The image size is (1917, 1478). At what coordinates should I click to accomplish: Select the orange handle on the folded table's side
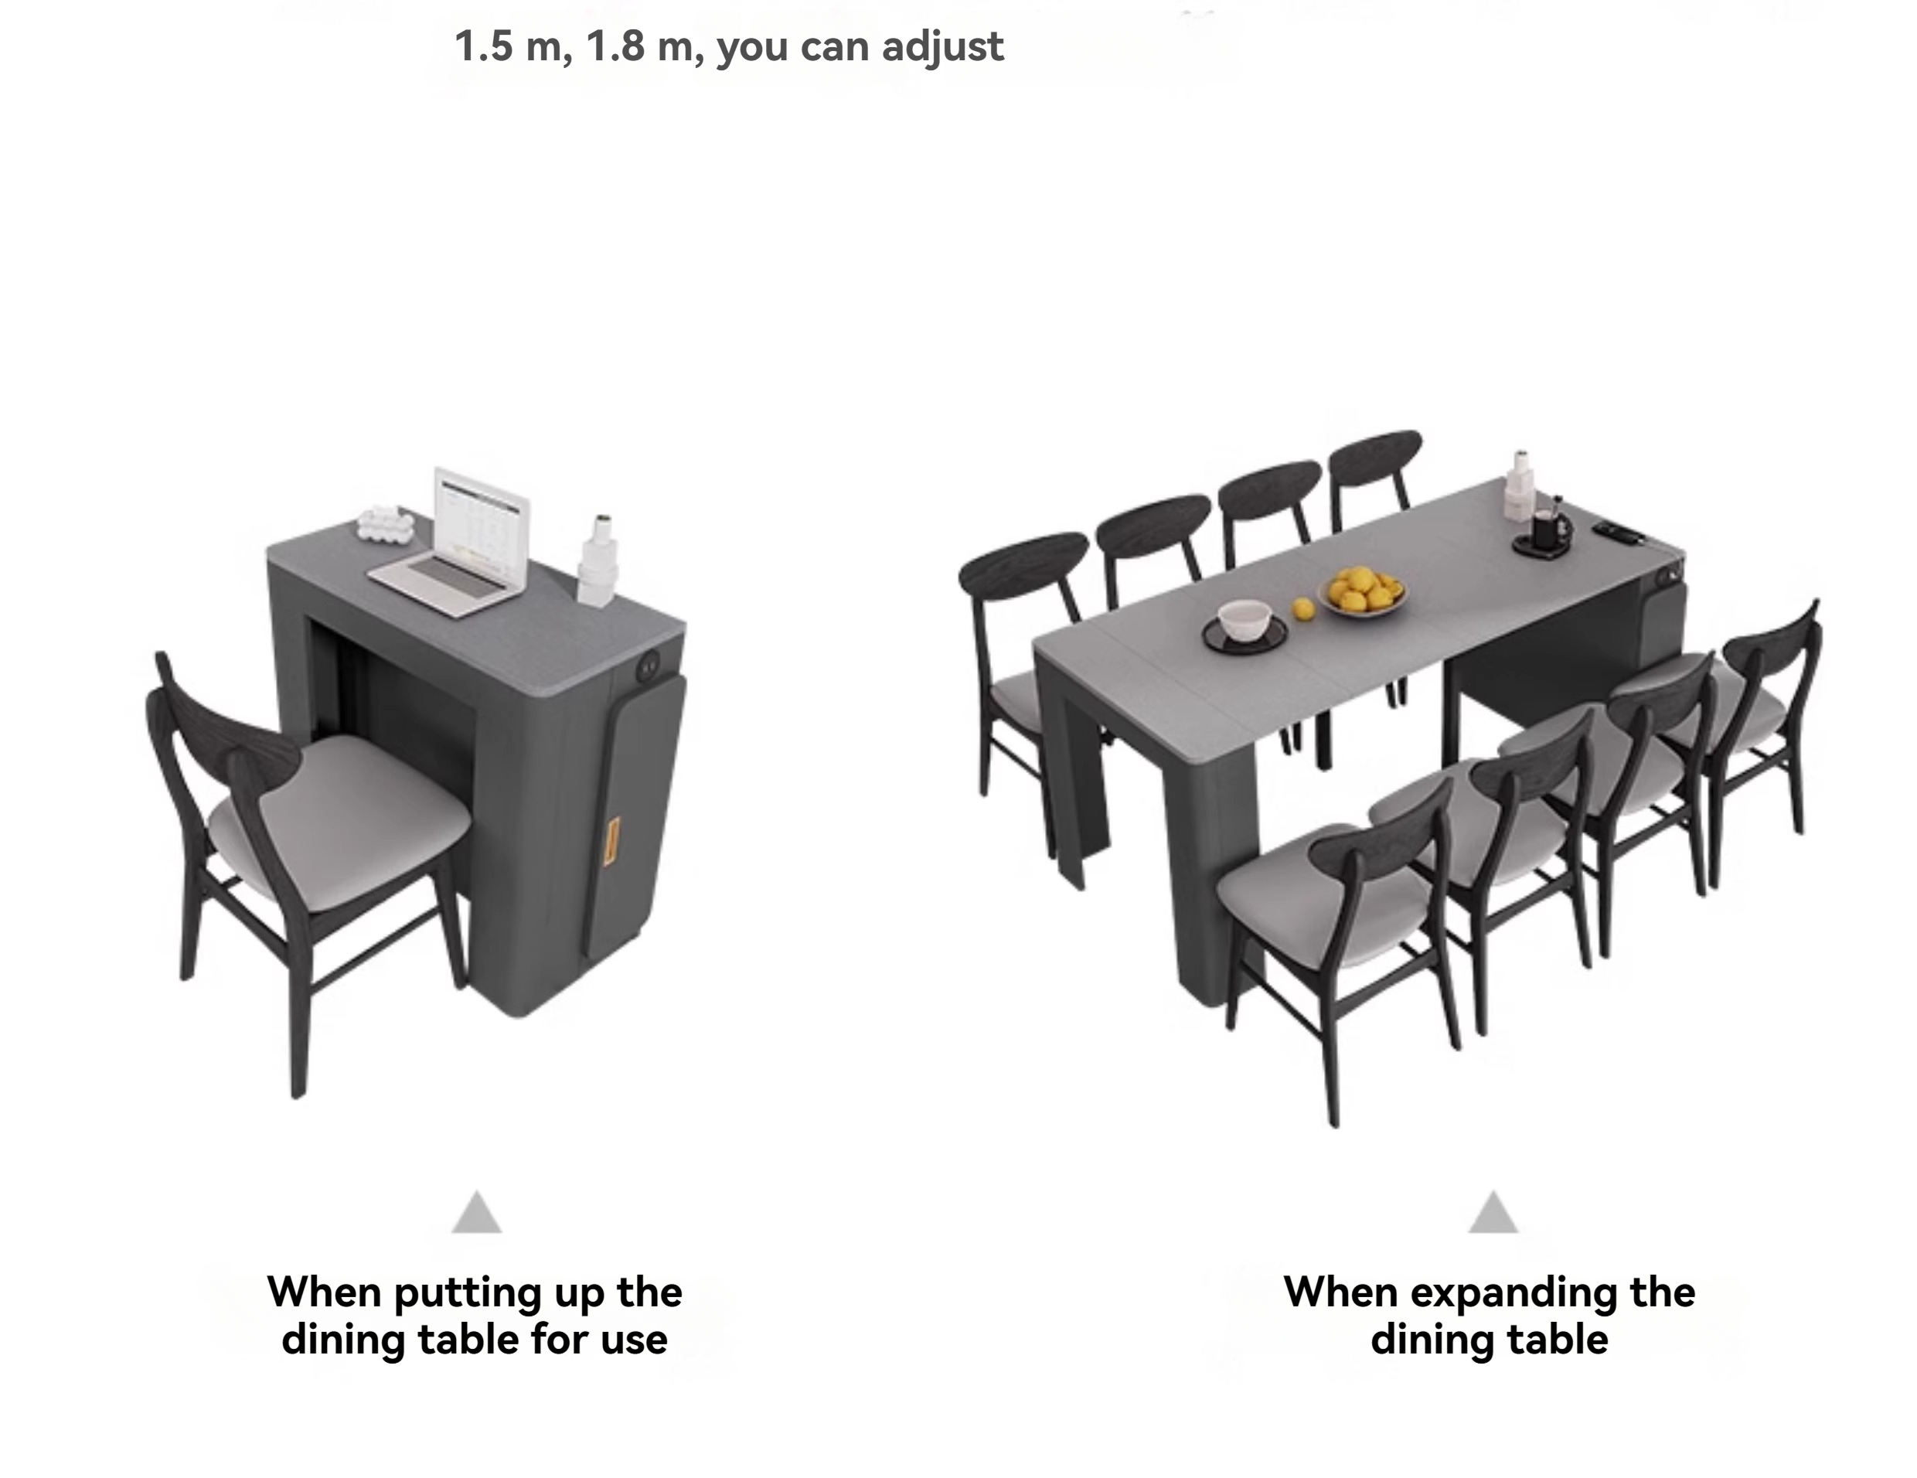coord(611,841)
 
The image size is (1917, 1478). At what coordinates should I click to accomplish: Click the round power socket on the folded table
coord(650,667)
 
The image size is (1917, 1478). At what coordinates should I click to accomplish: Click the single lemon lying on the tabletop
coord(1303,608)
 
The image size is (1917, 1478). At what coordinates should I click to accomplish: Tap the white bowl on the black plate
coord(1245,620)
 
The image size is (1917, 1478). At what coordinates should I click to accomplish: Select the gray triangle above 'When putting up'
coord(477,1213)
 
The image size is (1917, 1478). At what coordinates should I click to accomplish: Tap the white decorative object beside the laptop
coord(386,523)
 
